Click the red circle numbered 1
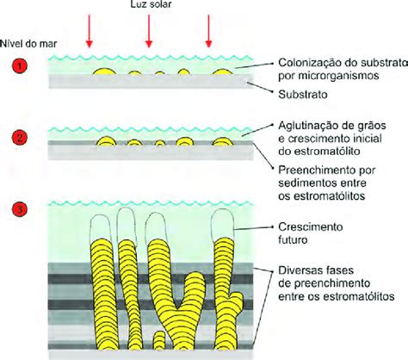coord(20,66)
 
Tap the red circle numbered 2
coord(20,138)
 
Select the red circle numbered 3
coord(20,209)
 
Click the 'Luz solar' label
coord(151,4)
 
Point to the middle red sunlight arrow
coord(149,31)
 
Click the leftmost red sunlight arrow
coord(90,31)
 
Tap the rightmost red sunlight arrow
coord(208,31)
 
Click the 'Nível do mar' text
coord(28,44)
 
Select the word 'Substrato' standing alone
coord(303,95)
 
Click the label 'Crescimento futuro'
coord(311,233)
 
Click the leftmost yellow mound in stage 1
coord(104,71)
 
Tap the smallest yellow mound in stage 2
coord(160,143)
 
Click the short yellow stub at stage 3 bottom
coord(158,340)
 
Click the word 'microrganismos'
coord(338,76)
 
